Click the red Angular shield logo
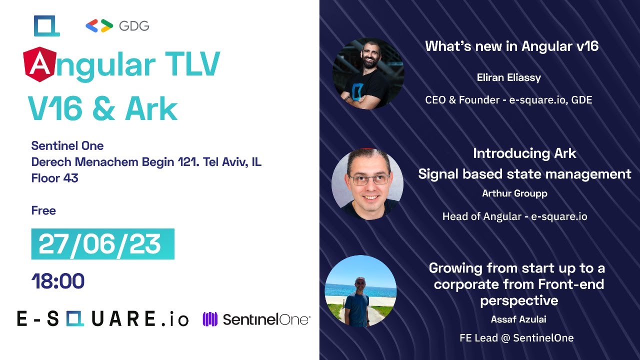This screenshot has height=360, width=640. [x=39, y=64]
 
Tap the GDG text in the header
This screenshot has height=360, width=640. [x=134, y=26]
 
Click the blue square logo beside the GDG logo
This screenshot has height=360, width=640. [x=46, y=26]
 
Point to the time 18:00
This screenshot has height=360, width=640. [x=57, y=281]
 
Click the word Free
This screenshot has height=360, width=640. [x=43, y=210]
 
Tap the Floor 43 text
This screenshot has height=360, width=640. [x=54, y=178]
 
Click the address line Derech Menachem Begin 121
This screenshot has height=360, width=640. [x=146, y=162]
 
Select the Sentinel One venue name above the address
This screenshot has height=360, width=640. [x=67, y=146]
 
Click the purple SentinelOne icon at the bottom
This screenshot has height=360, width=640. [x=209, y=319]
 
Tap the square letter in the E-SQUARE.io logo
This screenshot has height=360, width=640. [x=75, y=318]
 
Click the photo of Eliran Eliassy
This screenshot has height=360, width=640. [x=368, y=73]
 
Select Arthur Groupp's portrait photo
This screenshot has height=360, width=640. [x=367, y=184]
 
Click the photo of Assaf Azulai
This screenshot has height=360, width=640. [x=360, y=291]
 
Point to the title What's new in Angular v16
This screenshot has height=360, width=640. [x=511, y=46]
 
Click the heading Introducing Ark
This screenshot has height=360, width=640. [x=524, y=153]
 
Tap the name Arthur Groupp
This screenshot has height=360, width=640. [x=514, y=193]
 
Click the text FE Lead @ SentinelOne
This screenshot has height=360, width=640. [x=516, y=338]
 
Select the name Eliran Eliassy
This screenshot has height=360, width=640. [x=508, y=77]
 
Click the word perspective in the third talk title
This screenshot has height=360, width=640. [x=519, y=300]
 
